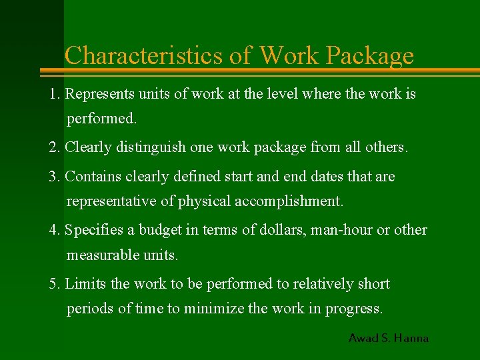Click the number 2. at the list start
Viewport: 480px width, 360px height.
tap(55, 147)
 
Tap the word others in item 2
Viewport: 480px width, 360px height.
tap(385, 147)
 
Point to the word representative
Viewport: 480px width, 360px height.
tap(107, 201)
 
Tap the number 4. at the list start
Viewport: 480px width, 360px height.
tap(55, 230)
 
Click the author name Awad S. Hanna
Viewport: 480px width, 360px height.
tap(388, 338)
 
